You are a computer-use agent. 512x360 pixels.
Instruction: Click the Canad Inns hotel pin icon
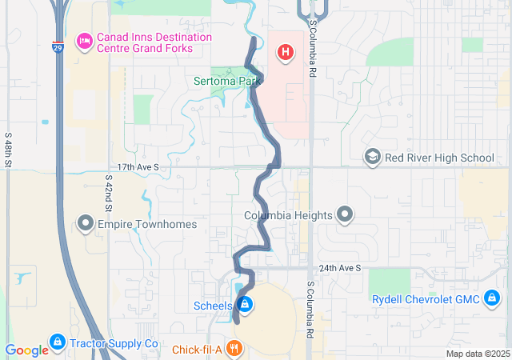(83, 40)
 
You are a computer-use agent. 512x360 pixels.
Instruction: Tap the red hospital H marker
(284, 54)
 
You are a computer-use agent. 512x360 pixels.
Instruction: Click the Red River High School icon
(371, 157)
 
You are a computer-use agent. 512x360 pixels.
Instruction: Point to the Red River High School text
(439, 158)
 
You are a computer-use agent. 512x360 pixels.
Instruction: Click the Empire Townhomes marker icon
(86, 223)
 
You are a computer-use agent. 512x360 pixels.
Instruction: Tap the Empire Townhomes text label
(146, 224)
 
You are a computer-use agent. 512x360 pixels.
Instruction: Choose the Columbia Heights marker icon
(345, 214)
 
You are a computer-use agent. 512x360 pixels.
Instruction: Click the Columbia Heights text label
(287, 215)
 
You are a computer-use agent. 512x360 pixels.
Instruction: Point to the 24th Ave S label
(340, 268)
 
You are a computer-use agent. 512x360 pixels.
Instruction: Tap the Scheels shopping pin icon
(246, 305)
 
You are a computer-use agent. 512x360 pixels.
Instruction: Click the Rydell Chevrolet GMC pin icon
(492, 299)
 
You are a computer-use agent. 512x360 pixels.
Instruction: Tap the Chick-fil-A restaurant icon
(234, 349)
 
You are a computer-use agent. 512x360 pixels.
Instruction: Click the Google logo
(26, 350)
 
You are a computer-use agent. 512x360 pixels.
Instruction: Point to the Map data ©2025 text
(478, 354)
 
